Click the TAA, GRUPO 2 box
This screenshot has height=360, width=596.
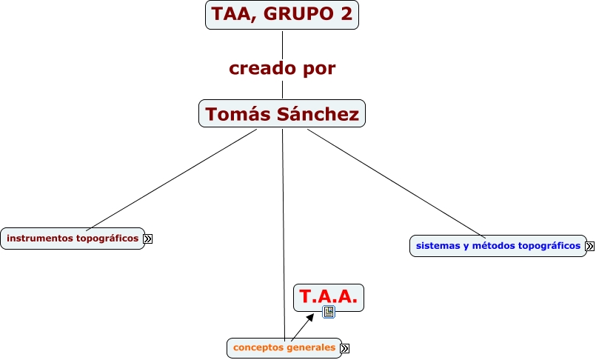[282, 14]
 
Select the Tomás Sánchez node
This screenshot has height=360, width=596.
[282, 113]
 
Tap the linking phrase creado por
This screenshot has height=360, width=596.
[282, 68]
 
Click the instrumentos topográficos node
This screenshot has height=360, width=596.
[73, 239]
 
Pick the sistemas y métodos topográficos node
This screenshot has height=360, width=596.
[498, 246]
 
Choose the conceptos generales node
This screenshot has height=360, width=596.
[284, 347]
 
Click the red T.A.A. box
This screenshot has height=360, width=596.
[329, 296]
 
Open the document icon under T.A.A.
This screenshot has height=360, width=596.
[329, 312]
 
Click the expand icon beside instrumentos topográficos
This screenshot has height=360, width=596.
[148, 239]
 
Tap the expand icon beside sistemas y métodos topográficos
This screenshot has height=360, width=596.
[589, 247]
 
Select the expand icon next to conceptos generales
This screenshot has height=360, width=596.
[344, 348]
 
